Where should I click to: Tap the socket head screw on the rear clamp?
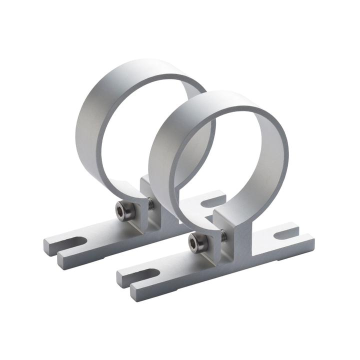(x=124, y=211)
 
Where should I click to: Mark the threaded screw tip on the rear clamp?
(x=150, y=203)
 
